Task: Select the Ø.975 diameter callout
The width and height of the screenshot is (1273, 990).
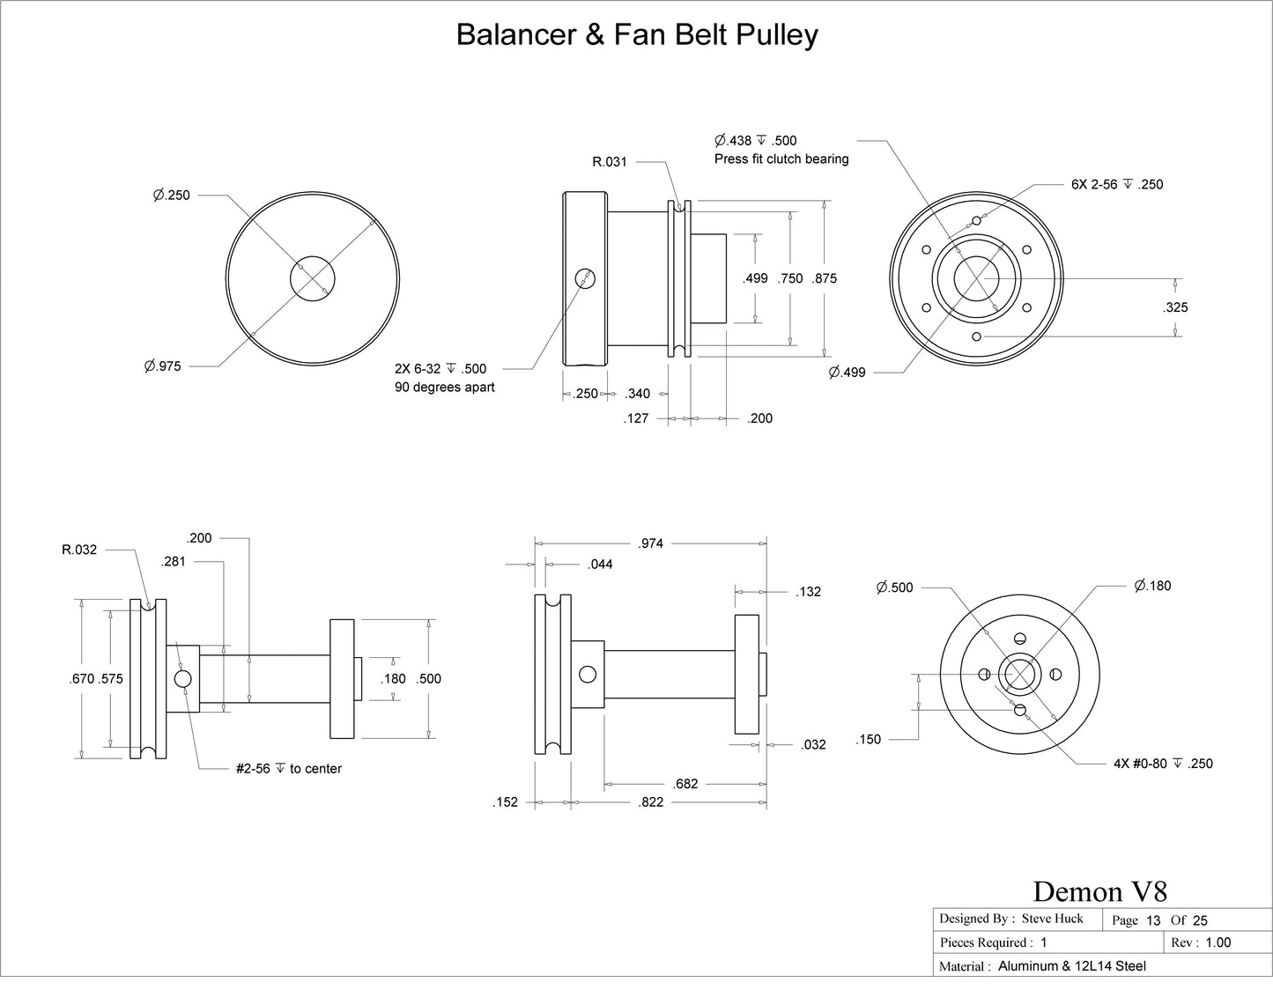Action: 163,366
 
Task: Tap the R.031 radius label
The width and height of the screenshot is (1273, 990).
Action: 610,162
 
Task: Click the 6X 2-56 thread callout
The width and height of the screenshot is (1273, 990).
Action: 1117,185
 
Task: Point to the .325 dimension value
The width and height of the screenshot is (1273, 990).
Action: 1175,307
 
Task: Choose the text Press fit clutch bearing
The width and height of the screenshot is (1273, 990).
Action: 781,159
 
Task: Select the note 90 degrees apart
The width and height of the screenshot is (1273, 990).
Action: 445,388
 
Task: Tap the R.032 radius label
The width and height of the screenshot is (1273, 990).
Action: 79,550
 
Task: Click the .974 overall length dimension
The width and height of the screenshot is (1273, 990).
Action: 650,543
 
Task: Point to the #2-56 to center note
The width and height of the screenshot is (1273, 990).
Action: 289,769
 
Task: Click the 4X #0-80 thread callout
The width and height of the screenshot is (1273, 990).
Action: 1163,764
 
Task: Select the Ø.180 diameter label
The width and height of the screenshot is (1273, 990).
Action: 1152,586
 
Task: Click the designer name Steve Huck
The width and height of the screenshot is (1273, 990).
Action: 1052,919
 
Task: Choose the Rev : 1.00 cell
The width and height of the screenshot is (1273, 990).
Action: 1202,942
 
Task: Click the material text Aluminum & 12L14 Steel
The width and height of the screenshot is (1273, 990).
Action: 1072,966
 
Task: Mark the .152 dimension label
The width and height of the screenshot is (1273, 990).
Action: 506,802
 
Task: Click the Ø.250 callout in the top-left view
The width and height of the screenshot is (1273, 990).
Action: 171,196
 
